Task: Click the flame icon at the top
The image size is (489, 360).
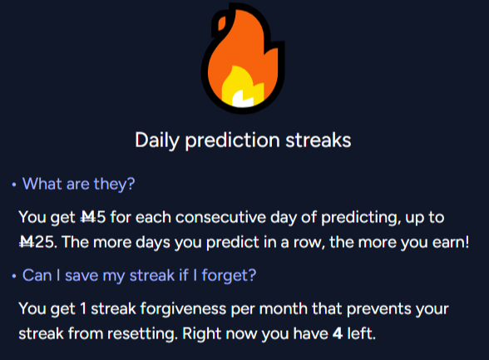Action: (243, 58)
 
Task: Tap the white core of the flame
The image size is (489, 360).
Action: (242, 98)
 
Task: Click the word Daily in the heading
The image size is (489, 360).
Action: (157, 141)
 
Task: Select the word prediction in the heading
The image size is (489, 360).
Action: (232, 141)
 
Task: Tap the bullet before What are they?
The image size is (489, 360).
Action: (13, 185)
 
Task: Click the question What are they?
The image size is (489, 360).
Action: (78, 185)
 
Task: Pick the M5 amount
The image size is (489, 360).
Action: (93, 217)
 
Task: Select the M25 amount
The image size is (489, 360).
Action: (37, 243)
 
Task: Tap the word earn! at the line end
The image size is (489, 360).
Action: (451, 243)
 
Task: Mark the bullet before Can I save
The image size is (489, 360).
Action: (13, 276)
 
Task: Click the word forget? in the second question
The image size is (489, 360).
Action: (229, 276)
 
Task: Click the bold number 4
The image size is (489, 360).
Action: (338, 334)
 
